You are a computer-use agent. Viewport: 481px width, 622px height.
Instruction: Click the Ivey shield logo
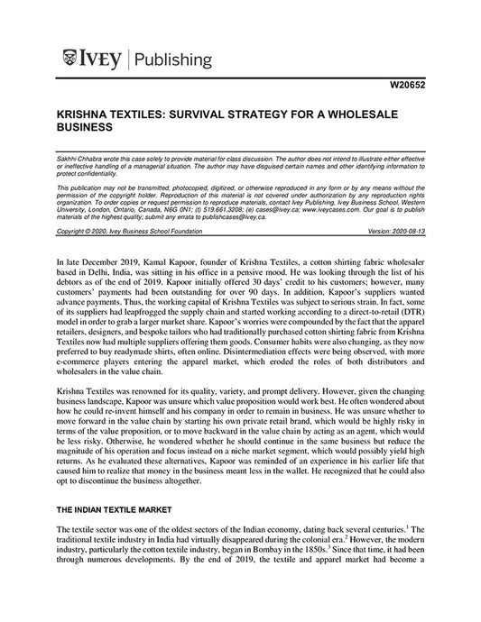[x=72, y=59]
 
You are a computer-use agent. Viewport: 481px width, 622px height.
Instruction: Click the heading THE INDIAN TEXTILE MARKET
[x=118, y=509]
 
